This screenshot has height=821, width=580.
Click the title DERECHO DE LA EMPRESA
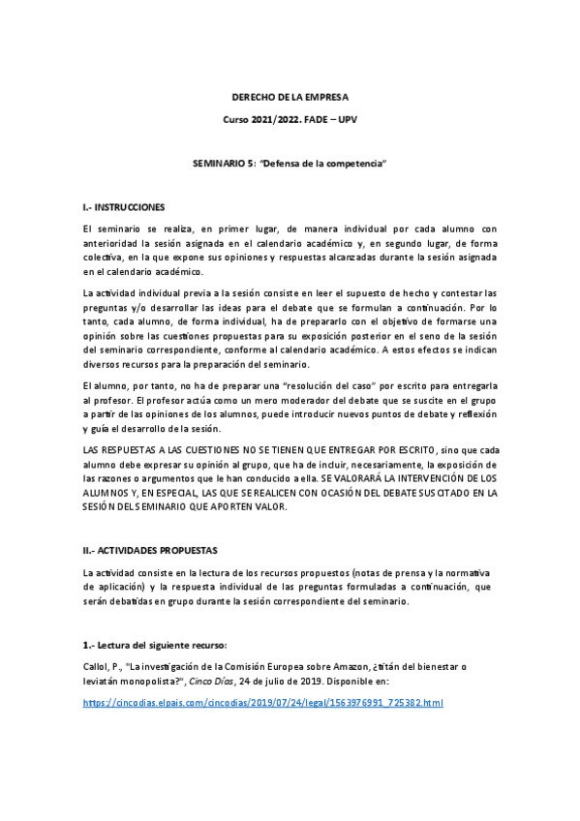tap(290, 98)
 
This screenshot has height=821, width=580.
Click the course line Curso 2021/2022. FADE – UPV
tap(290, 117)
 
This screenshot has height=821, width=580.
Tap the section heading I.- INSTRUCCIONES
tap(124, 207)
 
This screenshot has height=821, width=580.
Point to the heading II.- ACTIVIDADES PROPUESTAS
tap(151, 549)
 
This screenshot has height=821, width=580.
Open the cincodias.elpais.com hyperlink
tap(262, 702)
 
